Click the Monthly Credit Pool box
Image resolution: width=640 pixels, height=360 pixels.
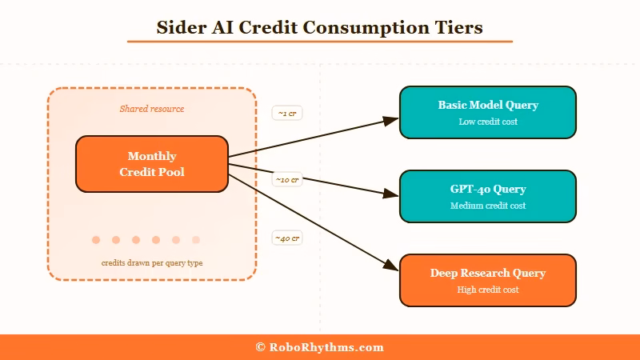152,164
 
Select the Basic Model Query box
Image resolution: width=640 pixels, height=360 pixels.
487,112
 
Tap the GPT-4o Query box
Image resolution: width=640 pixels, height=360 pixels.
487,196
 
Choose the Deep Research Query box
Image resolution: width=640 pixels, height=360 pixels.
487,280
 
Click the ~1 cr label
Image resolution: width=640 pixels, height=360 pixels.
287,114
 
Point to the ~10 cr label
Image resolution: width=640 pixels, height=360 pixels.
287,180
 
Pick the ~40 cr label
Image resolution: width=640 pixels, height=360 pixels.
287,238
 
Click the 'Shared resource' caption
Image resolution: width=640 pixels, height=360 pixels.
152,109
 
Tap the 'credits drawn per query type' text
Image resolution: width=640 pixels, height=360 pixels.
152,263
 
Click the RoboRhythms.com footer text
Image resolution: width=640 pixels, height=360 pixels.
320,347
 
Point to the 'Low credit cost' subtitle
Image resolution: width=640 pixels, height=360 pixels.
487,122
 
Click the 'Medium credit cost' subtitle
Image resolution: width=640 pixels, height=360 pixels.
487,206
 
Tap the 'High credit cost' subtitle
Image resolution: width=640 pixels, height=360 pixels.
487,290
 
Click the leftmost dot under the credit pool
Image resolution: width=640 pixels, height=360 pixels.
96,240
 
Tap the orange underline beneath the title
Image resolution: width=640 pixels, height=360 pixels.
320,41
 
